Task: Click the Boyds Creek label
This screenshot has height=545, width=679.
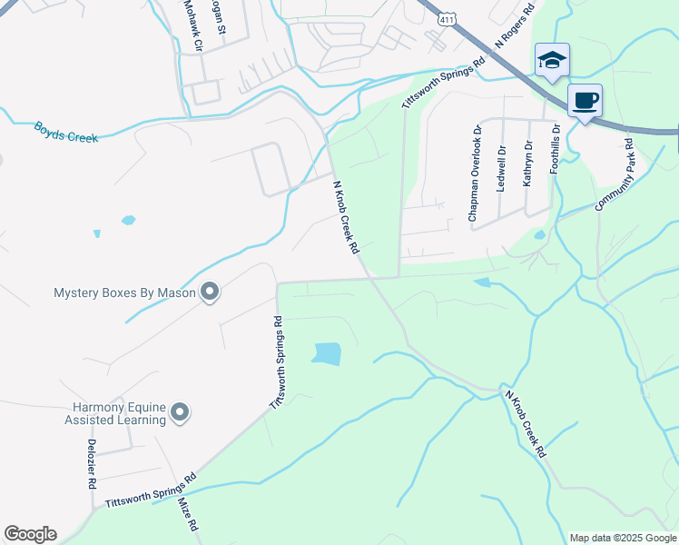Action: click(x=66, y=131)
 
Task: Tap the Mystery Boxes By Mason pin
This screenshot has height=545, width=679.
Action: click(x=210, y=292)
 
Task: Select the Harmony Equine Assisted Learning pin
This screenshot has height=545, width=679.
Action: click(x=180, y=412)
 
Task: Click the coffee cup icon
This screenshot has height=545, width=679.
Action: click(x=585, y=99)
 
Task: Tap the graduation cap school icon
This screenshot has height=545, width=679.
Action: click(x=552, y=60)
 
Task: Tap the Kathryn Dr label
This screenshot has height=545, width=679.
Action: click(x=527, y=164)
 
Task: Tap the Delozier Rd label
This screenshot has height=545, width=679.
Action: click(x=92, y=465)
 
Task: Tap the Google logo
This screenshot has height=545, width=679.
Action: click(x=30, y=534)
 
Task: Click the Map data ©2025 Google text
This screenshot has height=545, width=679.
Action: click(x=622, y=538)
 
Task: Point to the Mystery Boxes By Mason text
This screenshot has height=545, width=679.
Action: click(x=124, y=292)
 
